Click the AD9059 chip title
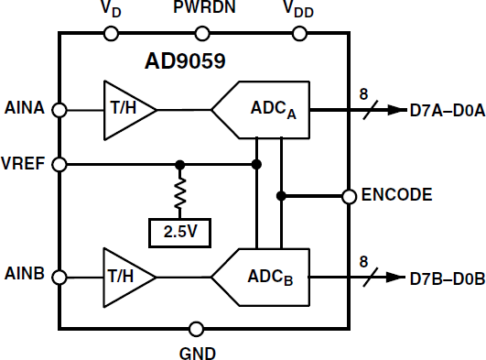click(x=187, y=62)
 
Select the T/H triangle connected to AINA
click(x=128, y=110)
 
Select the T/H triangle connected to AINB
click(x=128, y=276)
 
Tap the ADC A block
click(x=261, y=111)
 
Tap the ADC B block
click(x=261, y=276)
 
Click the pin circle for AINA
click(x=60, y=110)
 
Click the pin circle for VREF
click(x=60, y=165)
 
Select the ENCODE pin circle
click(x=349, y=195)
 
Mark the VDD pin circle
click(x=298, y=34)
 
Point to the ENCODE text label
click(x=398, y=195)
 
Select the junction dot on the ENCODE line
click(x=282, y=195)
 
